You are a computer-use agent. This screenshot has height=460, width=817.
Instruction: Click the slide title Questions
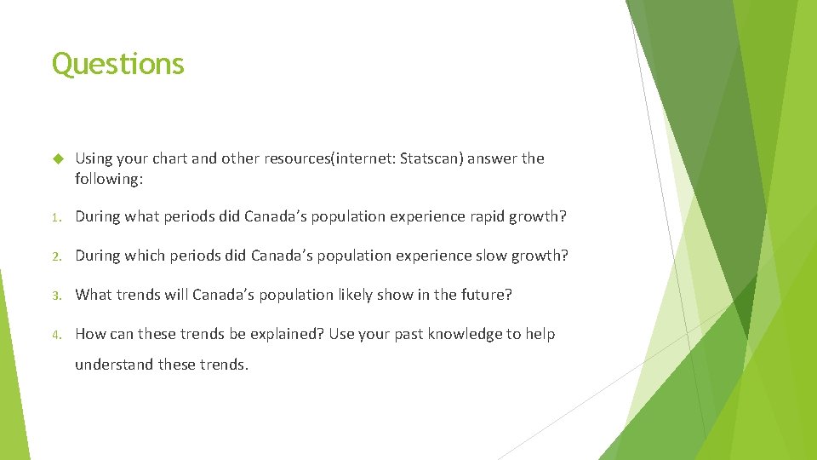click(x=117, y=64)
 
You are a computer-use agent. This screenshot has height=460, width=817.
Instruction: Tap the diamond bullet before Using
click(x=58, y=158)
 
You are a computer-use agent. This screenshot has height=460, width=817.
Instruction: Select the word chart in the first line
click(x=169, y=158)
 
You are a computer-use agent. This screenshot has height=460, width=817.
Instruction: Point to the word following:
click(x=108, y=179)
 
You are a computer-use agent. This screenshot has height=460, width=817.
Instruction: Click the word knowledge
click(x=459, y=334)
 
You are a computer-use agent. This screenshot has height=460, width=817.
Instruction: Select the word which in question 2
click(x=147, y=256)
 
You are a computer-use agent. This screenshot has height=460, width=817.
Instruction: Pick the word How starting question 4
click(x=90, y=334)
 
